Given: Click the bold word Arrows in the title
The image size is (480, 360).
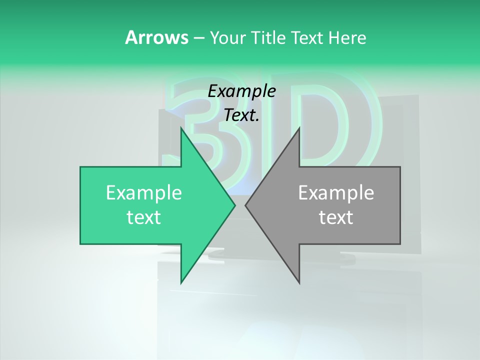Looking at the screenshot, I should pyautogui.click(x=156, y=37).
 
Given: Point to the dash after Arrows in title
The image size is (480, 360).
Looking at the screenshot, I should pyautogui.click(x=199, y=38).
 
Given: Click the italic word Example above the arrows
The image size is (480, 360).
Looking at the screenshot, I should pyautogui.click(x=242, y=91).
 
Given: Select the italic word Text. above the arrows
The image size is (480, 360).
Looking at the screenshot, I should pyautogui.click(x=242, y=115).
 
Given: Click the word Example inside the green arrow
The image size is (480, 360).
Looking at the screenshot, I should pyautogui.click(x=144, y=193).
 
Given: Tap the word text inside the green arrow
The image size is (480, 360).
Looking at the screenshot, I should pyautogui.click(x=144, y=217).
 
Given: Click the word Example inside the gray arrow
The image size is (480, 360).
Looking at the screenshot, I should pyautogui.click(x=336, y=193).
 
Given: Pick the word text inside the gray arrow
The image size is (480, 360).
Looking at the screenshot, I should pyautogui.click(x=336, y=217).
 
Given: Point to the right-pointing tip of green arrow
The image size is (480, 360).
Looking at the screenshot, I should pyautogui.click(x=234, y=205).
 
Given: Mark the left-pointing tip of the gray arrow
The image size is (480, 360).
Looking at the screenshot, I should pyautogui.click(x=246, y=205).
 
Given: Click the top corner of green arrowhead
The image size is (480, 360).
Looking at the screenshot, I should pyautogui.click(x=181, y=128).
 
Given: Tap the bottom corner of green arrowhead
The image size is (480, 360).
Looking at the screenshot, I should pyautogui.click(x=181, y=282).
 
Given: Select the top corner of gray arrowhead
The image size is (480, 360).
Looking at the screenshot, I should pyautogui.click(x=299, y=128).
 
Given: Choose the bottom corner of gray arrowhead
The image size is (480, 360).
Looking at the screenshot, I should pyautogui.click(x=299, y=282).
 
